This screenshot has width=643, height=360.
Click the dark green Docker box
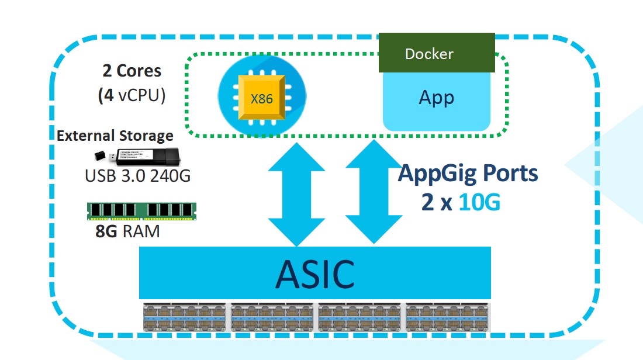[437, 53]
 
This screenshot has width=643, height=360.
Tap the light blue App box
[436, 101]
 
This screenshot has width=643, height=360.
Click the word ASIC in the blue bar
[315, 274]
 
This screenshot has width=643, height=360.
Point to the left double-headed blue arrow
[296, 194]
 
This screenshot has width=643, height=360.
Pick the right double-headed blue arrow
[374, 192]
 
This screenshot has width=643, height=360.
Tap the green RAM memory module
[141, 212]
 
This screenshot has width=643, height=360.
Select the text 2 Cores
[132, 71]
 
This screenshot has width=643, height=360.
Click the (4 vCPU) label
[132, 95]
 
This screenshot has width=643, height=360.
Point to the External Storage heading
[115, 136]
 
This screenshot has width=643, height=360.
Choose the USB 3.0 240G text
[138, 176]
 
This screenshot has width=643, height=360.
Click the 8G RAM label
[127, 231]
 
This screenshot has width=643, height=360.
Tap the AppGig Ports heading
[468, 174]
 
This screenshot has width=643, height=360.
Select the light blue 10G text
[479, 202]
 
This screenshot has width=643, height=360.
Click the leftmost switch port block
[185, 317]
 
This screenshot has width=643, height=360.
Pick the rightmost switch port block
[448, 317]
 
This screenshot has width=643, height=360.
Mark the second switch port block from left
[272, 317]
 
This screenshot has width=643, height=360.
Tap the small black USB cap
[99, 156]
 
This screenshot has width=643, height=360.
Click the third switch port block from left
[359, 317]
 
